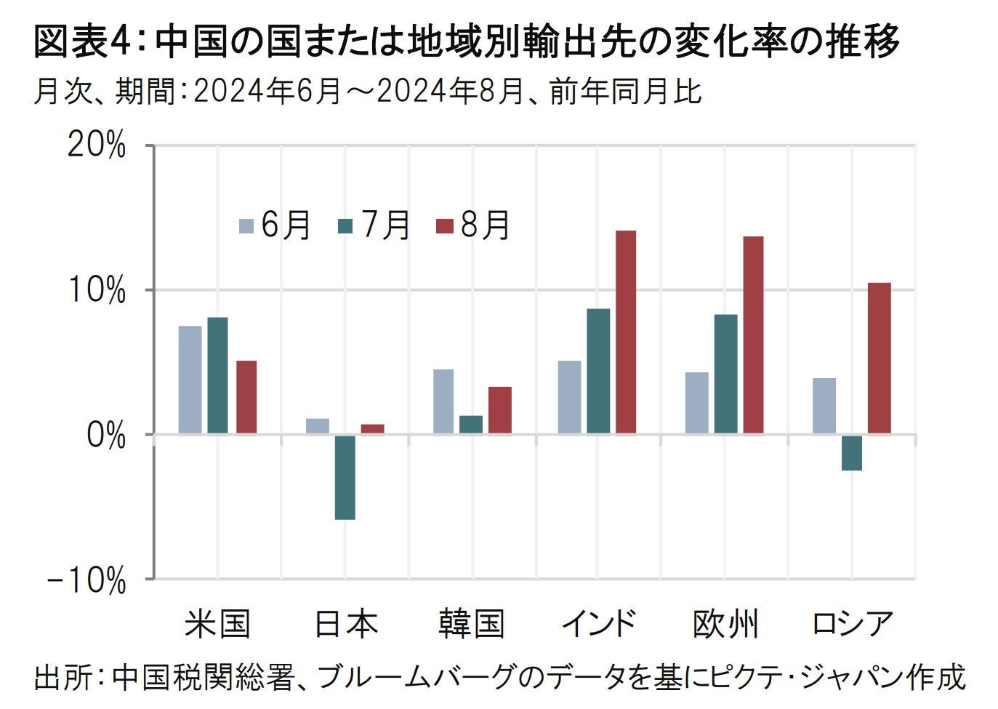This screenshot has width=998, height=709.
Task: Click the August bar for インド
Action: [625, 332]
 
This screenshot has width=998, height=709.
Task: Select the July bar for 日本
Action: [345, 477]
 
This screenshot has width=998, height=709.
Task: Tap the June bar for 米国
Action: [190, 380]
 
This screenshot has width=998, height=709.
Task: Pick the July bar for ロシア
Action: [852, 453]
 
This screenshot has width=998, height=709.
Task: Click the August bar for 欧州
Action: [753, 335]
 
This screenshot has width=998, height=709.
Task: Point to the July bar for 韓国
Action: [470, 425]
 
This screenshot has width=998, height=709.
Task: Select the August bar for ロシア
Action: [879, 358]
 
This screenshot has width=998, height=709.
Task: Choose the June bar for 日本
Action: [317, 426]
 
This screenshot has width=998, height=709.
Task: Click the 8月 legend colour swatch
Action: [444, 225]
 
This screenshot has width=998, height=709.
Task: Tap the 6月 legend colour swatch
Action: [246, 225]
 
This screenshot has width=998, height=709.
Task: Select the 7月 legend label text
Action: [385, 225]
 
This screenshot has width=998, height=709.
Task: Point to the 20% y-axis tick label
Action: [96, 146]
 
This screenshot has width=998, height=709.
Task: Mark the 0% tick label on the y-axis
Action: [106, 436]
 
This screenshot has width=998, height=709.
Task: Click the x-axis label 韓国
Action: [471, 624]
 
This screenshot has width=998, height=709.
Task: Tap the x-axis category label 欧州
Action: [725, 624]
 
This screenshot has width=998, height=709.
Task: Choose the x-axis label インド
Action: [598, 624]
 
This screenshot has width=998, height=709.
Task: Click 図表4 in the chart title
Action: [81, 43]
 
